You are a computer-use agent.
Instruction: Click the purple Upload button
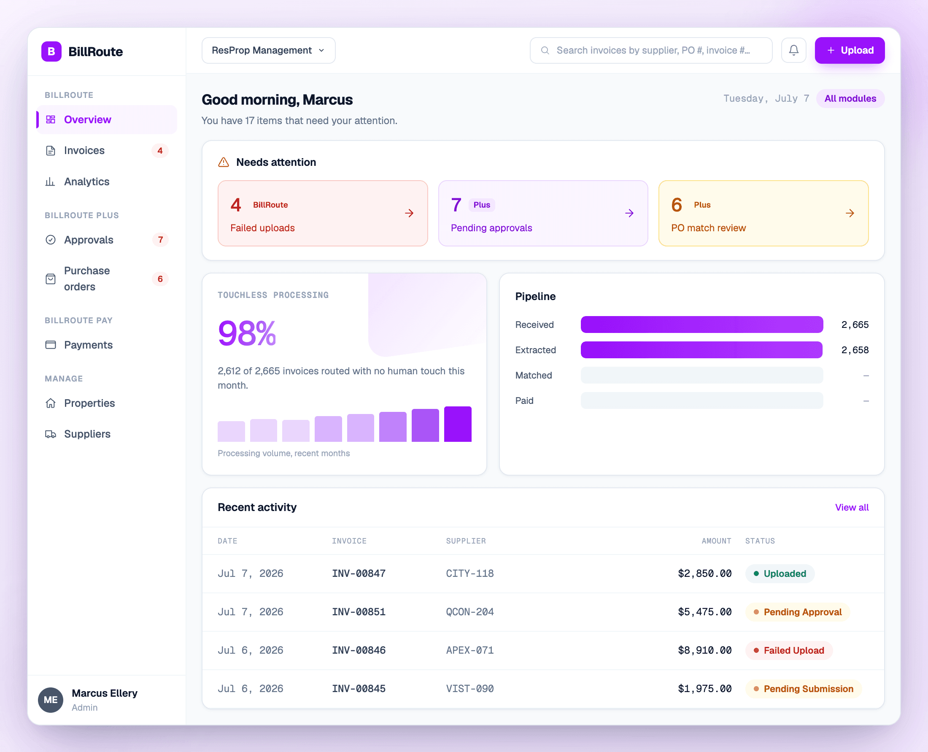point(849,50)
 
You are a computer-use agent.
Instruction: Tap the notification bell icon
point(793,50)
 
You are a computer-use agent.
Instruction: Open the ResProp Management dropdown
point(268,50)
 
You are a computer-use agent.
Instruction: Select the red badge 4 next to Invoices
point(160,150)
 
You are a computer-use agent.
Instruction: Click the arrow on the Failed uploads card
point(409,213)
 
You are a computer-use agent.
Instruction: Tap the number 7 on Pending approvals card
point(456,205)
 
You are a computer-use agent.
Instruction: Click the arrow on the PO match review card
point(850,213)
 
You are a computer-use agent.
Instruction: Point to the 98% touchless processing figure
point(247,333)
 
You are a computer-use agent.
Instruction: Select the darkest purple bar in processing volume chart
point(458,424)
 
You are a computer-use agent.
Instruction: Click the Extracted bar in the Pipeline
point(701,349)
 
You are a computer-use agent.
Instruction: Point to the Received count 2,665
point(855,325)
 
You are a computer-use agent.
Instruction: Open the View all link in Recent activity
point(852,507)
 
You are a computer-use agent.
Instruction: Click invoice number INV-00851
point(359,611)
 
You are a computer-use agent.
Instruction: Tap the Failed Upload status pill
point(788,650)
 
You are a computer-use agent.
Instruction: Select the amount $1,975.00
point(704,689)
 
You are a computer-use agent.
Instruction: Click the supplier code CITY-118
point(470,573)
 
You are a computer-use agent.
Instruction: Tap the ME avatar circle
point(51,700)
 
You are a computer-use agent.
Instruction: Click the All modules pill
point(850,98)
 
